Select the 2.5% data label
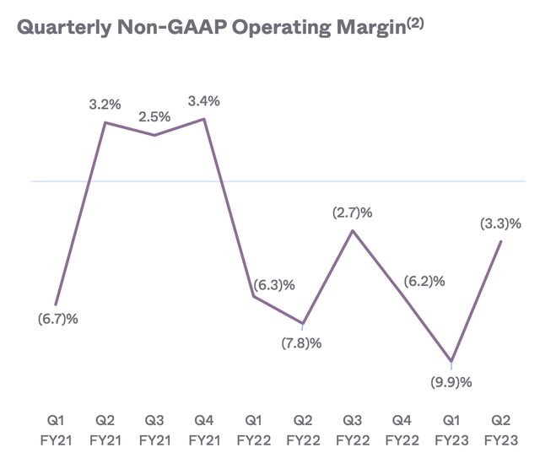coord(155,117)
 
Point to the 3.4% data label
coord(204,102)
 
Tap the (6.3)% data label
coord(273,285)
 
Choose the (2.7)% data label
coord(353,213)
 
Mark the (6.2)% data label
coord(424,282)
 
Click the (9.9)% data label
coord(451,382)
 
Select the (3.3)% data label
coord(501,224)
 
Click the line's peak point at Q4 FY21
coord(204,119)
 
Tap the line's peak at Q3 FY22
coord(353,229)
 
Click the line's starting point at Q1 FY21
coord(56,304)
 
